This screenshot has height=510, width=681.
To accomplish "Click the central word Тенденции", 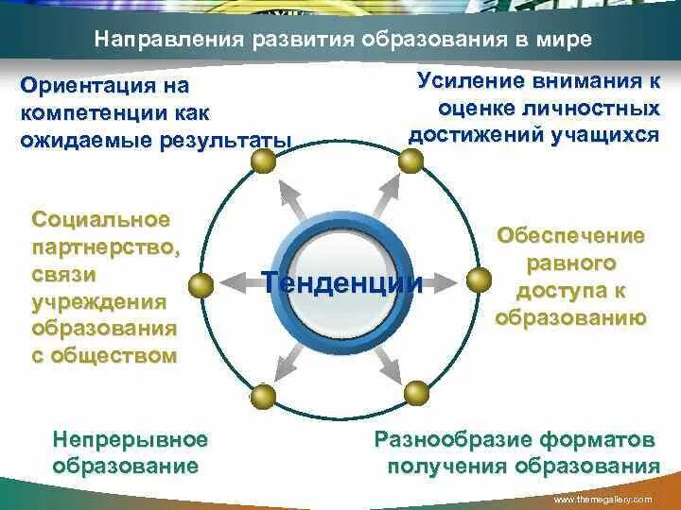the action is click(x=341, y=281).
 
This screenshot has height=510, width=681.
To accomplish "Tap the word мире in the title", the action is click(x=564, y=41).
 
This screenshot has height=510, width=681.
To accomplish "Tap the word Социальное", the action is click(x=101, y=220).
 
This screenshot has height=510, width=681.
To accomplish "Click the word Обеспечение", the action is click(x=570, y=235).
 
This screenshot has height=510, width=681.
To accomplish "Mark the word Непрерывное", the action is click(x=131, y=439).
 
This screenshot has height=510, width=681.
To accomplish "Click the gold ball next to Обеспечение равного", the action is click(x=480, y=279).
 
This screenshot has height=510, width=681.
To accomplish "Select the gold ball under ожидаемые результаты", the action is click(x=264, y=162).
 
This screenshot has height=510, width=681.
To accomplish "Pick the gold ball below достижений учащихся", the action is click(x=410, y=161).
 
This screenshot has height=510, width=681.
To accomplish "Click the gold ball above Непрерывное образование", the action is click(x=264, y=396).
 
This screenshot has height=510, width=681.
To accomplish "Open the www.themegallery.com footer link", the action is click(x=602, y=499).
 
